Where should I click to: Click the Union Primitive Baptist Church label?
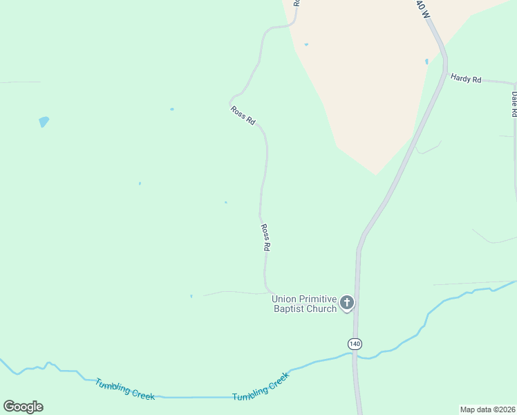click(x=304, y=304)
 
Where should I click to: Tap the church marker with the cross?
click(x=346, y=302)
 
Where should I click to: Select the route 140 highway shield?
click(x=355, y=344)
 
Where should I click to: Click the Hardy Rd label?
click(x=465, y=79)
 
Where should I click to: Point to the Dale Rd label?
click(x=514, y=104)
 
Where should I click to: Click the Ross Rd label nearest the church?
click(x=265, y=237)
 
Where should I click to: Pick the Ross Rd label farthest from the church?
click(x=243, y=115)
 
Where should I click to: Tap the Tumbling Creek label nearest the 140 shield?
click(x=260, y=387)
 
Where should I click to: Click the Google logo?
click(x=23, y=407)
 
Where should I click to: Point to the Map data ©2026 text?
click(x=487, y=409)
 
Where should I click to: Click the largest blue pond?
click(x=44, y=122)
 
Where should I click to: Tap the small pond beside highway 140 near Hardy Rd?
click(x=427, y=62)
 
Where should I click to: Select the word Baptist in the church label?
click(x=292, y=308)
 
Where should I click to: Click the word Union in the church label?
click(x=283, y=299)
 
